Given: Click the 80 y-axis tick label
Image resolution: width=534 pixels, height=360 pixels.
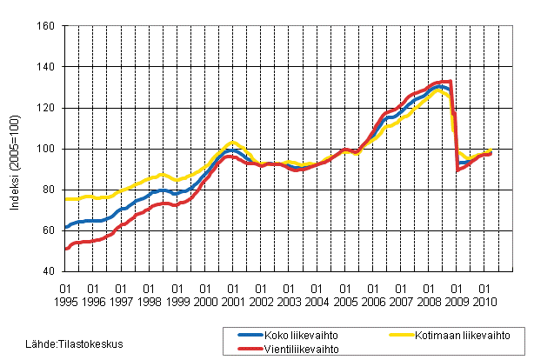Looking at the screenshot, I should (49, 190).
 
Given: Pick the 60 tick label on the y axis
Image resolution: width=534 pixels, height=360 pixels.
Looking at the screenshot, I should (49, 230).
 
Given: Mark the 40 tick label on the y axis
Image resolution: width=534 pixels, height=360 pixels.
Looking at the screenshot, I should (49, 271).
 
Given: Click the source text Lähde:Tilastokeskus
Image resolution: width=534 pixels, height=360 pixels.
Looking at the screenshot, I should (50, 343).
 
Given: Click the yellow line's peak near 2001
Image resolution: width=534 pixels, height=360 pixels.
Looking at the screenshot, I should (231, 141).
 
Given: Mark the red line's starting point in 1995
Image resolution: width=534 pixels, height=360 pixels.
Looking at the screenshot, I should (66, 249).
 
